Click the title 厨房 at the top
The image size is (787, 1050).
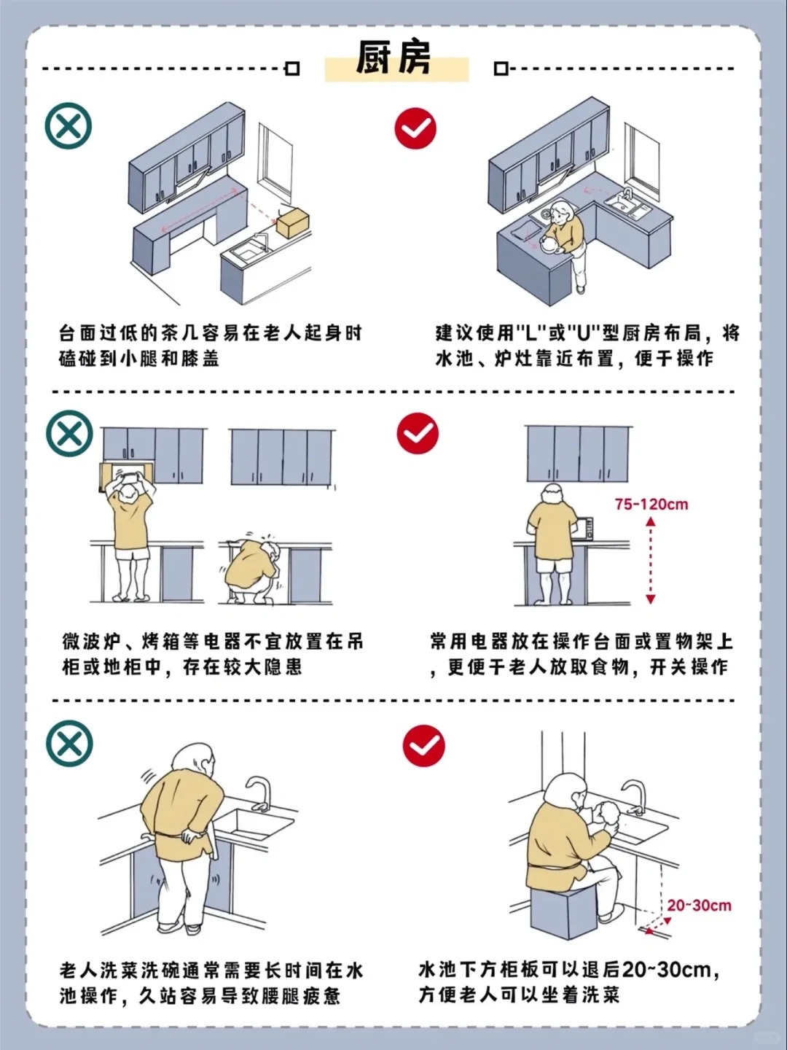(x=394, y=58)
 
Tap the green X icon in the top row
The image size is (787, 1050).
(x=68, y=126)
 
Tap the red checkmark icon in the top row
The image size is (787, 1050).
(x=415, y=129)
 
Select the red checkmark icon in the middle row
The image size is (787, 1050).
(x=418, y=434)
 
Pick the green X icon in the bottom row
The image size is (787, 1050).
(x=70, y=743)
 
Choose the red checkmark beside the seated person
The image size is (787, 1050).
(x=423, y=746)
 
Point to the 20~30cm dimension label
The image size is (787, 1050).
(x=698, y=906)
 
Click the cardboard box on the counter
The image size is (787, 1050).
(x=291, y=221)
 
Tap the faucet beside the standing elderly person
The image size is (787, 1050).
(x=259, y=793)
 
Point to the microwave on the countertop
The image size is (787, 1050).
(x=585, y=528)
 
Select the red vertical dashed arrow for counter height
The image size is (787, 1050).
(x=651, y=561)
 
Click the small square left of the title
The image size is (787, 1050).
(x=292, y=69)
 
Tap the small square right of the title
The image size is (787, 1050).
(x=501, y=69)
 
